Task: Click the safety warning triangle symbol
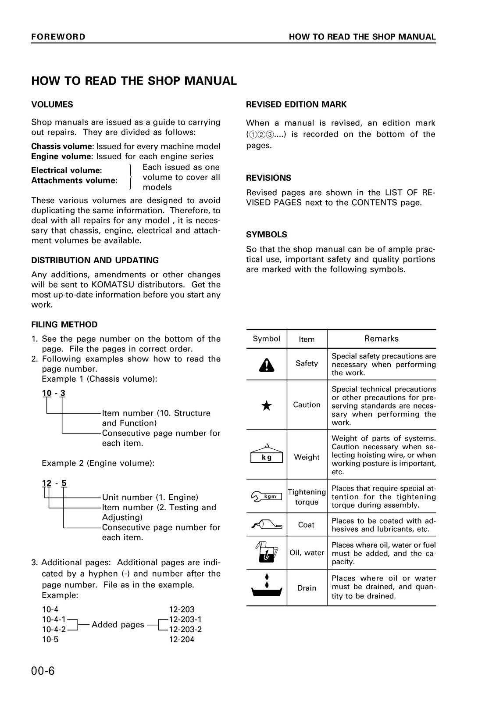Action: tap(266, 364)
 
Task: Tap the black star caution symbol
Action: tap(266, 406)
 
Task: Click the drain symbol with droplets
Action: tap(266, 587)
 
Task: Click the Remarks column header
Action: tap(381, 339)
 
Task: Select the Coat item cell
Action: tap(306, 525)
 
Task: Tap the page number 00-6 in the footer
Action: tap(43, 671)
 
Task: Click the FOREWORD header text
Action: tap(58, 37)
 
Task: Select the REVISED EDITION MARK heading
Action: tap(296, 104)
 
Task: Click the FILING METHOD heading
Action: tap(64, 325)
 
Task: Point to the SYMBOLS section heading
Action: tap(267, 235)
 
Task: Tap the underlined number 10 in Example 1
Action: tap(47, 393)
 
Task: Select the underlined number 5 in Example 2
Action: tap(64, 484)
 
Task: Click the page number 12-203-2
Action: tap(185, 629)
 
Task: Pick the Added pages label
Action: tap(118, 624)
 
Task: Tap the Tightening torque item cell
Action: tap(307, 497)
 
